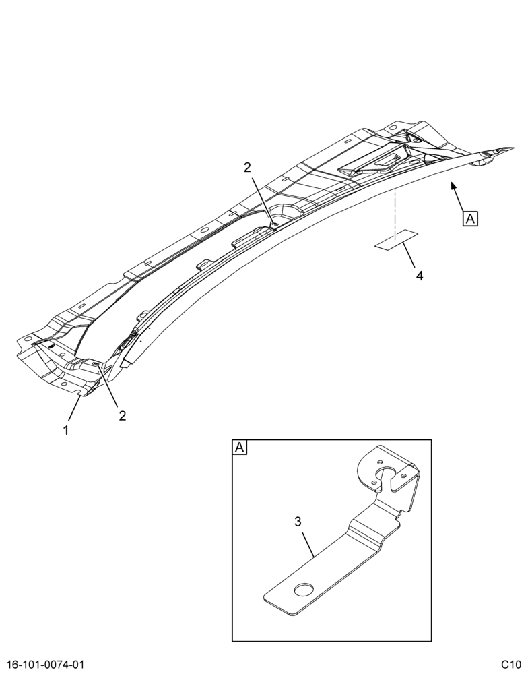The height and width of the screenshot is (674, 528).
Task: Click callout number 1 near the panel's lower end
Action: tap(66, 429)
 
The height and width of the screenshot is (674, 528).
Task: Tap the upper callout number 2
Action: tap(247, 167)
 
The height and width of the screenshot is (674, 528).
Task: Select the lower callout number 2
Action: tap(123, 416)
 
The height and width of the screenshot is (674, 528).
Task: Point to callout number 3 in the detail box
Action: tap(298, 522)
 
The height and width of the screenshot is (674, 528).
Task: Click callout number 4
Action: tap(420, 276)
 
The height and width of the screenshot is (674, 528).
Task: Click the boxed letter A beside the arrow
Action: tap(471, 219)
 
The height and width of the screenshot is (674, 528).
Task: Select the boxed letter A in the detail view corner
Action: tap(239, 447)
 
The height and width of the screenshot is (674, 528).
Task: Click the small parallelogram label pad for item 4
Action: tap(396, 240)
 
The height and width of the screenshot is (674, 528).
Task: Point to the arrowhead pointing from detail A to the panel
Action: tap(453, 186)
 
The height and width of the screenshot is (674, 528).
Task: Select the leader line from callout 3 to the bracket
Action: tap(308, 545)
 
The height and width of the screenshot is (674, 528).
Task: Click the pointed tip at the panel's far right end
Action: tap(514, 148)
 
